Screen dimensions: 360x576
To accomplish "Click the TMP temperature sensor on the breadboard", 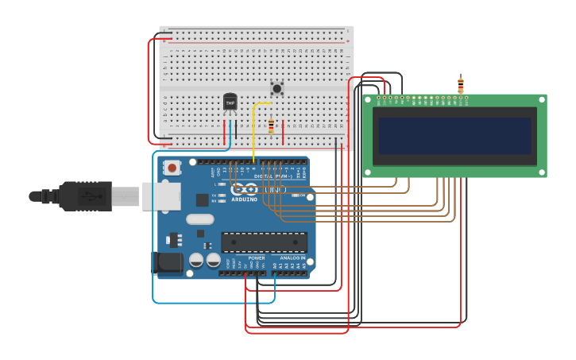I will [230, 103].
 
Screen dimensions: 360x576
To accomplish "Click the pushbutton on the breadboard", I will [276, 88].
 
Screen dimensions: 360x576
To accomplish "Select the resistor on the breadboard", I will [271, 126].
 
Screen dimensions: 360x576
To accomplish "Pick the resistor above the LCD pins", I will [460, 84].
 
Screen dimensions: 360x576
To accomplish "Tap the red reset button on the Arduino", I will [172, 168].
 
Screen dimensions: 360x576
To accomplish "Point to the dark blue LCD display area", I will [454, 136].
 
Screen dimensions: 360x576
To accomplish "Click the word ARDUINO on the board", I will [245, 199].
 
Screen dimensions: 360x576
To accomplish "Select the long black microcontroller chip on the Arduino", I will [264, 242].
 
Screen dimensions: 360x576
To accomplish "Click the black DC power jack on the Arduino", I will [165, 263].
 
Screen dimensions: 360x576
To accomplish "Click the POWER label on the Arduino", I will [256, 257].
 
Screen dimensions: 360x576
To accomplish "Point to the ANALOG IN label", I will [292, 257].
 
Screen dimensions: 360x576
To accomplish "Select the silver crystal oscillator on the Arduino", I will [200, 219].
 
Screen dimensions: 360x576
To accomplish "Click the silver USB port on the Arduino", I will [161, 196].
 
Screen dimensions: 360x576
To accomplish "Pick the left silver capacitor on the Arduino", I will [196, 260].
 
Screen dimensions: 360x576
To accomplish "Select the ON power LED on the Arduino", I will [295, 195].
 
